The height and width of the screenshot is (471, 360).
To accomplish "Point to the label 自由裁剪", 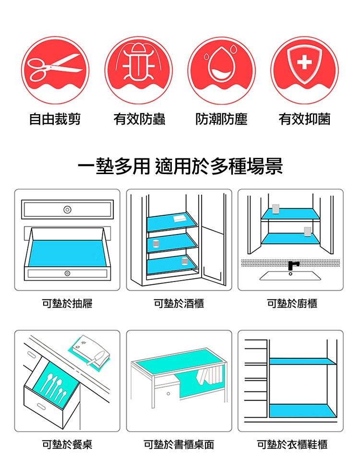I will pyautogui.click(x=55, y=119).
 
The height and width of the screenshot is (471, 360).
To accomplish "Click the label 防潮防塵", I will pyautogui.click(x=221, y=119).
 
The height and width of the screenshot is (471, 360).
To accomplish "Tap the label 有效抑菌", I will pyautogui.click(x=304, y=119).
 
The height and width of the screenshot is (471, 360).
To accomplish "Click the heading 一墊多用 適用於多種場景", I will pyautogui.click(x=180, y=166).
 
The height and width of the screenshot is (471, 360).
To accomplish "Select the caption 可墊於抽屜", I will pyautogui.click(x=67, y=303).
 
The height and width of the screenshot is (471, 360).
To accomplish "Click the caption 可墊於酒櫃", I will pyautogui.click(x=179, y=303).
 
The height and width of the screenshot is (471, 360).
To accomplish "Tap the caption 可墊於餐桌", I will pyautogui.click(x=67, y=445).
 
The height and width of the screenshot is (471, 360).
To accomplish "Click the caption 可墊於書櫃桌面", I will pyautogui.click(x=179, y=445).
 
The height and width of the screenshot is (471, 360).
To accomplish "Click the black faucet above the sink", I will pyautogui.click(x=292, y=264).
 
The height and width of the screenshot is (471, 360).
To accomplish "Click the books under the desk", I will pyautogui.click(x=210, y=375).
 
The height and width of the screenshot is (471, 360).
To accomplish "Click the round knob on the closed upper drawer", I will pyautogui.click(x=67, y=210).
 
